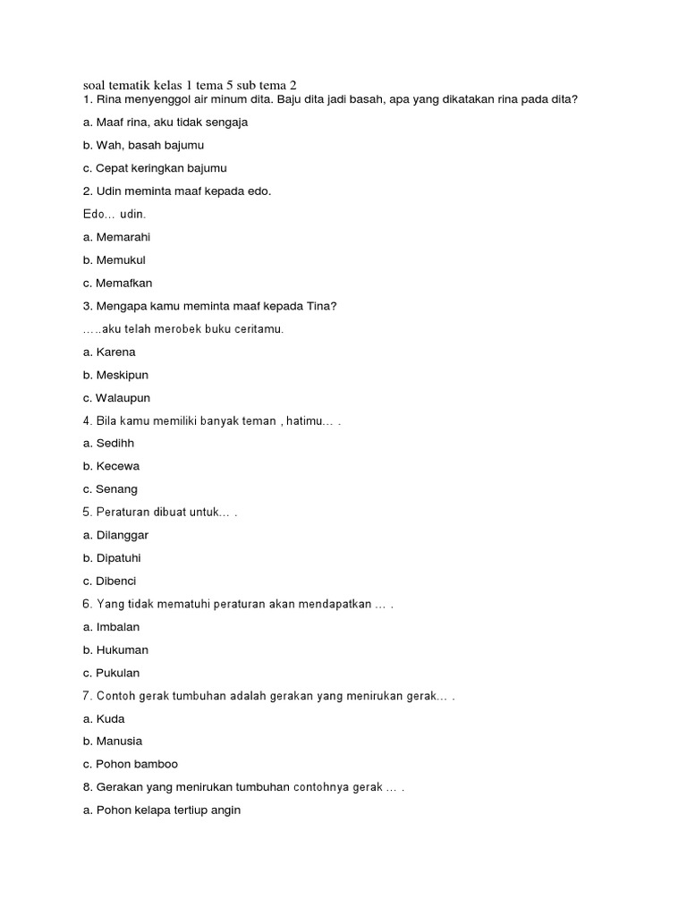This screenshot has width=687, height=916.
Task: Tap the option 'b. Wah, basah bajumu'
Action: point(143,145)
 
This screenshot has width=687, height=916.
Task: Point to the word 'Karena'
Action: point(115,352)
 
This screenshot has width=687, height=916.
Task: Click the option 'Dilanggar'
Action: point(122,535)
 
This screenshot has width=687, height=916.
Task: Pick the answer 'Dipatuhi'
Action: point(119,558)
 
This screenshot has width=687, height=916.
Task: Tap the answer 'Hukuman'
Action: point(123,650)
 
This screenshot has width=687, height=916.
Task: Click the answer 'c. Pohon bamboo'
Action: point(131,765)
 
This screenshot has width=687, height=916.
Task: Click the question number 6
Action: point(87,604)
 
